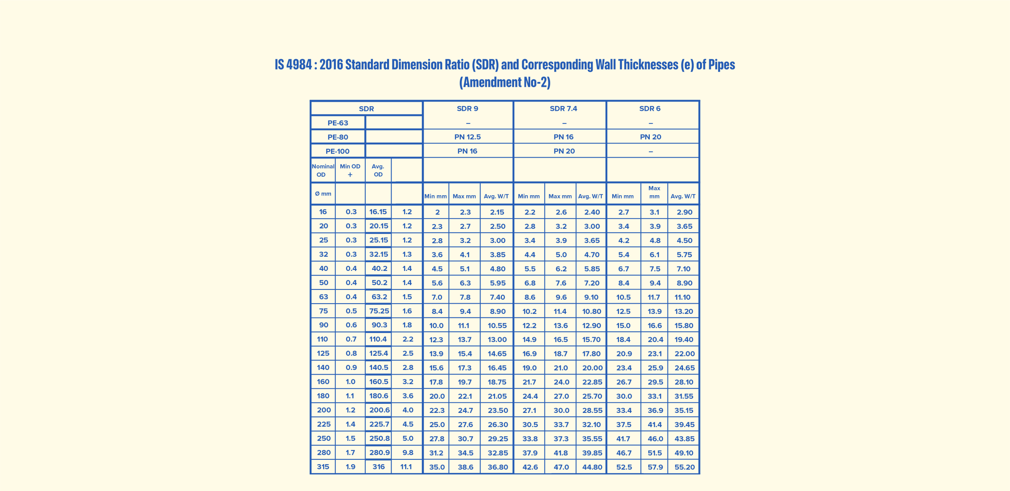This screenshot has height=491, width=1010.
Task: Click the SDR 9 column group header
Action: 467,108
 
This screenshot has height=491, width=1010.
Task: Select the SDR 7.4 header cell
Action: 563,108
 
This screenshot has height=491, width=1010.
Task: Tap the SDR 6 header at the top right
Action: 649,108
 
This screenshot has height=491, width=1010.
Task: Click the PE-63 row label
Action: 338,123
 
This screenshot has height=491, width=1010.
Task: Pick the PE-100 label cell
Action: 337,151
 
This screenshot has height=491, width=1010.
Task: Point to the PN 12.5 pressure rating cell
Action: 467,137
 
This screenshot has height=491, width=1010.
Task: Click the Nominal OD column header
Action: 323,170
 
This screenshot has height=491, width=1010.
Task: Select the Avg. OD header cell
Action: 378,170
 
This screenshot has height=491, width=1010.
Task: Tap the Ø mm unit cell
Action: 323,194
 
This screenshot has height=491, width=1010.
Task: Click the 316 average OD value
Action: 378,467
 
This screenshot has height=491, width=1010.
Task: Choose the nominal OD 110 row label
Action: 322,339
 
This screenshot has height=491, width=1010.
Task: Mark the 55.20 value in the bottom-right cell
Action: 684,467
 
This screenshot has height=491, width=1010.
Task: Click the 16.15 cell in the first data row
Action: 378,212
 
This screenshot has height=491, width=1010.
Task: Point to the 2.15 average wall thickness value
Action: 497,212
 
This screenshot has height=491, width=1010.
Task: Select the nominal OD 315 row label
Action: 323,467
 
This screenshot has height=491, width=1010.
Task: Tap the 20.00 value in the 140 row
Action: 592,368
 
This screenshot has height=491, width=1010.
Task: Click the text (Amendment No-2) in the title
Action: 505,82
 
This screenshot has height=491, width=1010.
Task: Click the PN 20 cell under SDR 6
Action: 650,137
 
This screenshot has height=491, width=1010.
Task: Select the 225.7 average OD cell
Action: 379,424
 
